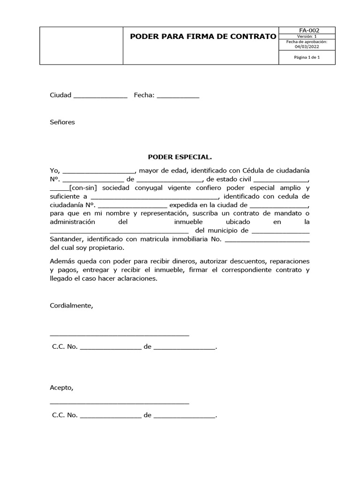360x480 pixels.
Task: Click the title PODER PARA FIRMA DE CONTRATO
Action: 203,37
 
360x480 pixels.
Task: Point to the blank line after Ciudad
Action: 100,96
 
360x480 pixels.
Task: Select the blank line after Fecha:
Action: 178,96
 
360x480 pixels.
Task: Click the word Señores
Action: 62,122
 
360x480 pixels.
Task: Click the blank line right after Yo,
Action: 98,171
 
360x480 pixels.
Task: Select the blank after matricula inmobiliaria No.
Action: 267,240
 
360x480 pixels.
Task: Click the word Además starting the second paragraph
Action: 62,261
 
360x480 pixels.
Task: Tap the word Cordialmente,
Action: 72,306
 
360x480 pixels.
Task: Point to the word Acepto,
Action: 62,388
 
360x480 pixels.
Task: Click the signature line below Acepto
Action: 119,403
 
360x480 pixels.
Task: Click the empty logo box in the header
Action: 81,45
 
